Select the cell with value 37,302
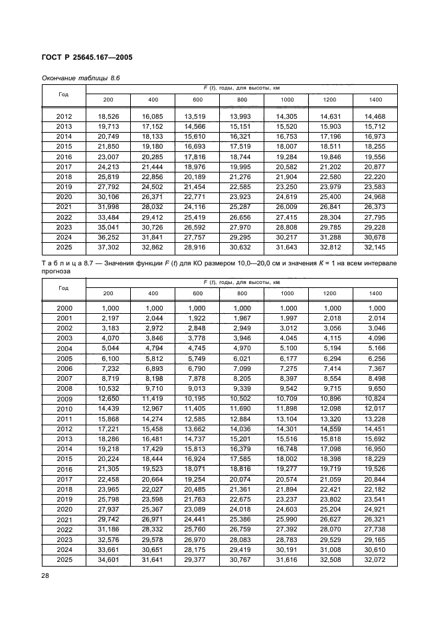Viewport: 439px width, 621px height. pyautogui.click(x=109, y=247)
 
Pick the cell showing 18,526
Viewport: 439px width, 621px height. pyautogui.click(x=109, y=117)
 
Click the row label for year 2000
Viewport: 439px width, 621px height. pyautogui.click(x=64, y=308)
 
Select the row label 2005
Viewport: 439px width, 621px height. pyautogui.click(x=64, y=358)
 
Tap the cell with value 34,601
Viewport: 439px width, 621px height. pyautogui.click(x=109, y=561)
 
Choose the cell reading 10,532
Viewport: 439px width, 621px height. pyautogui.click(x=109, y=388)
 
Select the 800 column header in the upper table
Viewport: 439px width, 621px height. pyautogui.click(x=241, y=100)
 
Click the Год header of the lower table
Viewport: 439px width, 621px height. pyautogui.click(x=64, y=288)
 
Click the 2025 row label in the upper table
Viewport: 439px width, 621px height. pyautogui.click(x=64, y=247)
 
